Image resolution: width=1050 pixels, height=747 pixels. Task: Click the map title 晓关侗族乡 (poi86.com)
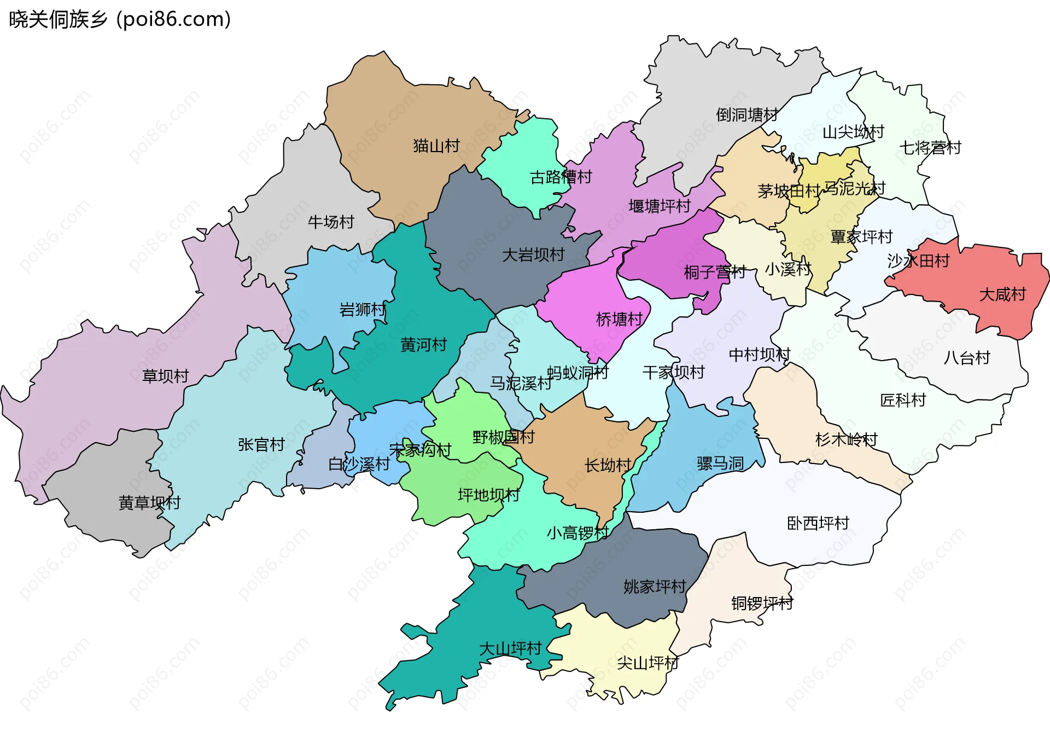(120, 20)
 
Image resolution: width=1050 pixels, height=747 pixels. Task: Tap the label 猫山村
(436, 146)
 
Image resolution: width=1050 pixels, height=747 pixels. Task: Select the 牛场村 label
(331, 222)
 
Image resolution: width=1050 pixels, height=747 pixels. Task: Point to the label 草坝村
(165, 377)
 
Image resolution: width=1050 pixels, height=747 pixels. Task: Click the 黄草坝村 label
(149, 503)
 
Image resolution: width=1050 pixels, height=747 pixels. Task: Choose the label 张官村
(261, 445)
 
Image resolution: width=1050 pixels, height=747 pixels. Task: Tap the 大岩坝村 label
(533, 255)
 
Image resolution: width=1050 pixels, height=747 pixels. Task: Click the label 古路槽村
(561, 177)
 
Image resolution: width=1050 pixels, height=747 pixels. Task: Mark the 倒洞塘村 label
(747, 115)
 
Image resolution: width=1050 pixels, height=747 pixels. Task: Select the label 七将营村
(930, 148)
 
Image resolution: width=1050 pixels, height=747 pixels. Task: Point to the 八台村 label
(967, 358)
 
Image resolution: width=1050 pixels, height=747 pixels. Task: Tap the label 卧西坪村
(818, 524)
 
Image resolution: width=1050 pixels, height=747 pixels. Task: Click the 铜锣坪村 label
(762, 604)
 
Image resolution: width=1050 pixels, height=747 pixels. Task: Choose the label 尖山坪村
(647, 663)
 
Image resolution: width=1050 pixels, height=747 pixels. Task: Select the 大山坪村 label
(510, 649)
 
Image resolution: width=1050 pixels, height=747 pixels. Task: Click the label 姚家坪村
(655, 587)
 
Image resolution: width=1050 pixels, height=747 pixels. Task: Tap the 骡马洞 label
(720, 464)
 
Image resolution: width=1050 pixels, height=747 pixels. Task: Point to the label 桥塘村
(619, 320)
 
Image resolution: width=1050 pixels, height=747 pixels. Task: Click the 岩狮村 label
(363, 310)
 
